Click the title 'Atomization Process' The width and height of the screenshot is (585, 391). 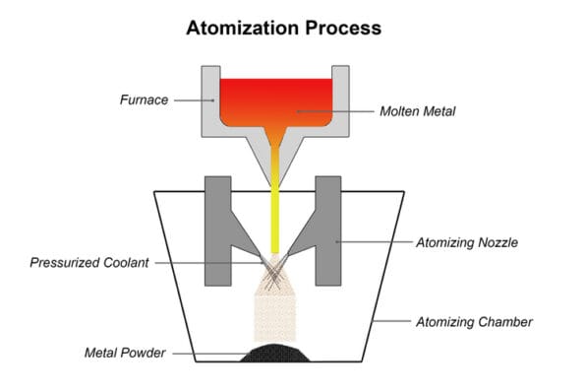click(x=283, y=28)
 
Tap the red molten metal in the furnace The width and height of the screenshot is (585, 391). click(x=274, y=98)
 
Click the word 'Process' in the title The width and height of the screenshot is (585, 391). click(x=342, y=28)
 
